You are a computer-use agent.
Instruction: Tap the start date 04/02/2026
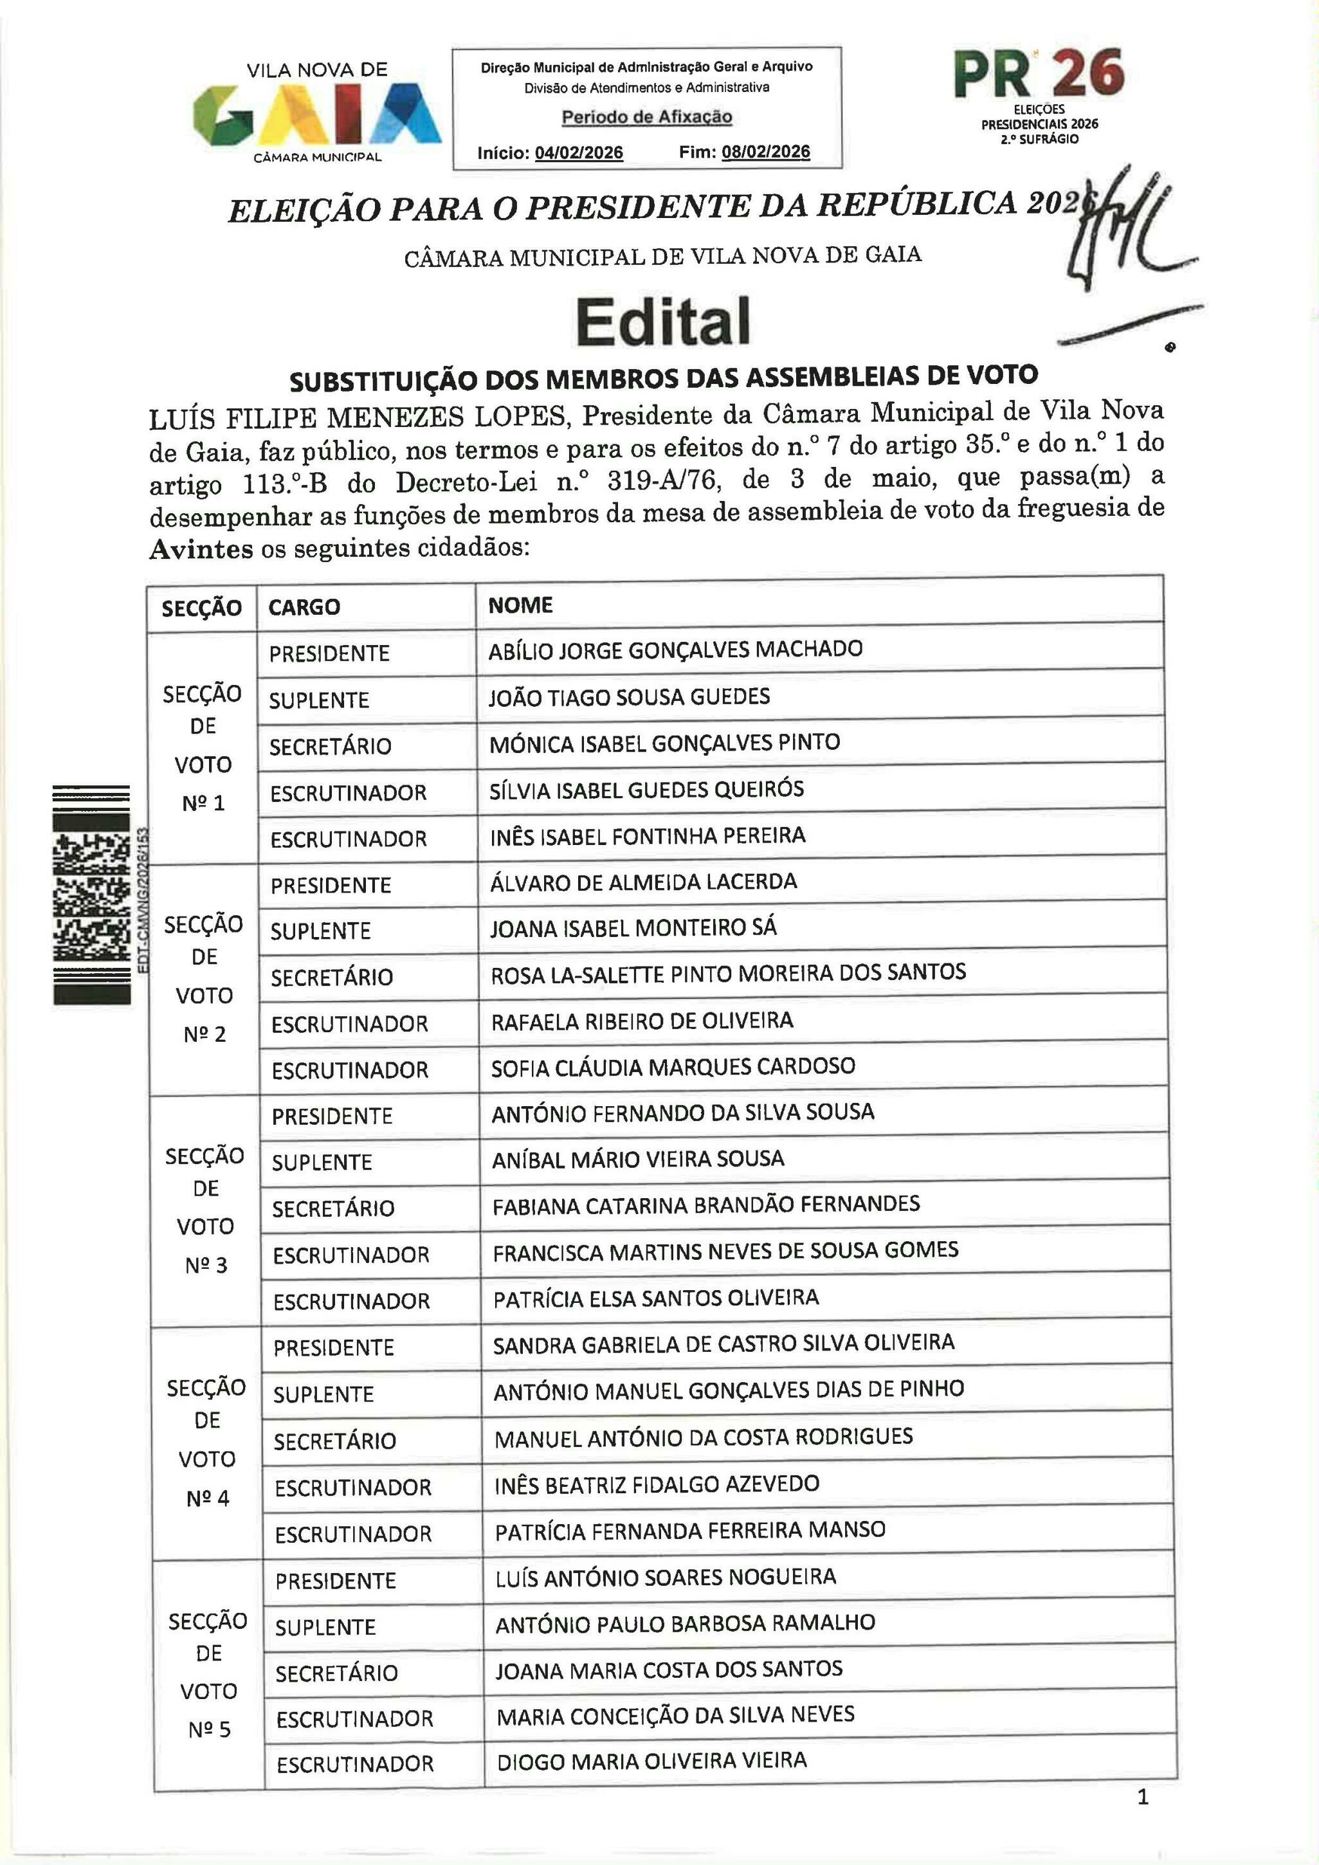click(578, 152)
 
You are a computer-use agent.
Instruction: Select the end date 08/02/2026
click(765, 152)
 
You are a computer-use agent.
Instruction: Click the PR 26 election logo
click(1039, 93)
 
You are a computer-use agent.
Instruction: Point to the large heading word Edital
click(663, 322)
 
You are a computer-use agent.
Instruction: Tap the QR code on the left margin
click(91, 893)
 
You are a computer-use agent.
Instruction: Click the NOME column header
click(520, 605)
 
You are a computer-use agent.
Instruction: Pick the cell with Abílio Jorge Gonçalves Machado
click(675, 650)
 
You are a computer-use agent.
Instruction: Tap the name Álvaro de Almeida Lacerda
click(643, 882)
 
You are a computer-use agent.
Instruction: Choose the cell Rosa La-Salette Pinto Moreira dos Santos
click(728, 973)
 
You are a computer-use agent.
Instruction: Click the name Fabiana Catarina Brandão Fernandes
click(705, 1205)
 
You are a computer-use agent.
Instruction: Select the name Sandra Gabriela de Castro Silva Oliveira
click(723, 1343)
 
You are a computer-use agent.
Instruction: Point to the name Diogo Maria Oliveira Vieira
click(651, 1760)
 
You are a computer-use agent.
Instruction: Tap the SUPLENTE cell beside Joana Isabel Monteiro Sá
click(320, 931)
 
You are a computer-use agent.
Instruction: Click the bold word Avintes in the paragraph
click(201, 550)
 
